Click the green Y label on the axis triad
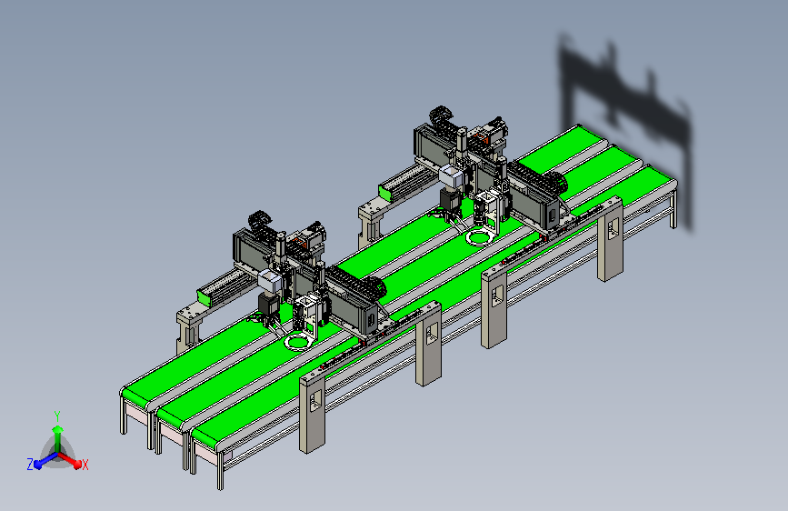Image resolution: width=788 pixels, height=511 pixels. tap(57, 416)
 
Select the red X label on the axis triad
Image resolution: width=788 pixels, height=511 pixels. tap(85, 466)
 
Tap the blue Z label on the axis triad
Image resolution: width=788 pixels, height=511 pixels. tap(30, 465)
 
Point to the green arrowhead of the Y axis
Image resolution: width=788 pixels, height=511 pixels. tap(58, 429)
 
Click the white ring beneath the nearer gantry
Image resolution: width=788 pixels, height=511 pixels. tap(297, 343)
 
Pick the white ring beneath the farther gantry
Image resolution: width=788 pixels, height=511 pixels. tap(478, 237)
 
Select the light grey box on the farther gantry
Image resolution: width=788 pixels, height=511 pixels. tap(453, 175)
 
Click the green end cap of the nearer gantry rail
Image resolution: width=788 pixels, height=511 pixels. tap(204, 297)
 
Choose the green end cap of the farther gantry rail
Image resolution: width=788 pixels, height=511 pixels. tap(385, 193)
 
